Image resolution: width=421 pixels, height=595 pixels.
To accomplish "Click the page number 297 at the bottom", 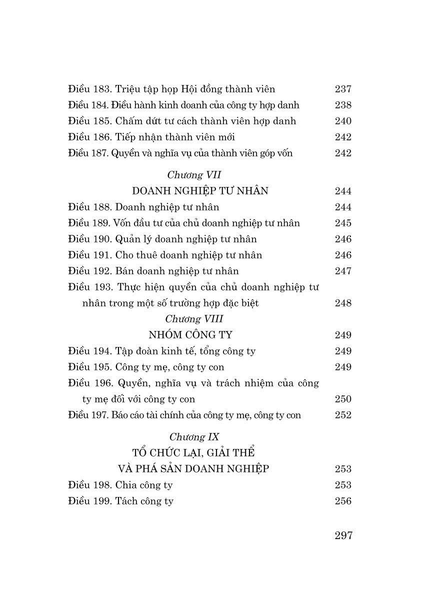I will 343,535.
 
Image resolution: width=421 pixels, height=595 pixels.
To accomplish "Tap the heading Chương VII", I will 194,175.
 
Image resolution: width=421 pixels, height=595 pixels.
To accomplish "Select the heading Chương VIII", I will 194,319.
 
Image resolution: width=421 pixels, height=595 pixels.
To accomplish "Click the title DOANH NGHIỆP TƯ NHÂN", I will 200,191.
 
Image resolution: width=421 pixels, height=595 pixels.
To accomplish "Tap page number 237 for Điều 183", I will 343,89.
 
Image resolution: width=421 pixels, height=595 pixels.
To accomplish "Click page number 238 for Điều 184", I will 343,105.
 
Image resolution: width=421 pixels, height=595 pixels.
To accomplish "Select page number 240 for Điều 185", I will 343,121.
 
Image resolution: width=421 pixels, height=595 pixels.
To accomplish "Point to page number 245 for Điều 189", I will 343,223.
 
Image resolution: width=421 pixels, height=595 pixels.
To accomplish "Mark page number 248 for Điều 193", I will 343,303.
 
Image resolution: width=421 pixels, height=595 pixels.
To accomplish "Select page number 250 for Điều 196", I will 343,399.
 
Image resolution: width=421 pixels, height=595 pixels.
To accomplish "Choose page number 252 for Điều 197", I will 343,415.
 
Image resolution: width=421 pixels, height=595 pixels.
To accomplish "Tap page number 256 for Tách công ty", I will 343,501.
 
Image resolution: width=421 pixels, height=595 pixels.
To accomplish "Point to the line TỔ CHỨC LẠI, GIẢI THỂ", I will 193,453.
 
